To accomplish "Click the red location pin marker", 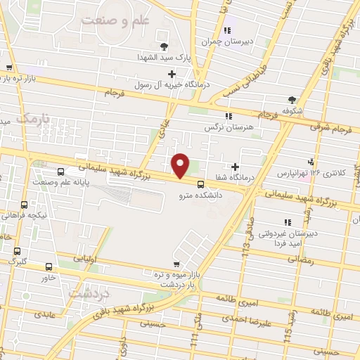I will pos(181,165).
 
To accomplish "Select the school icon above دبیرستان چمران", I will pos(226,30).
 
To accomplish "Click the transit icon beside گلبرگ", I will pos(18,251).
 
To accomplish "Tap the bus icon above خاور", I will pos(49,267).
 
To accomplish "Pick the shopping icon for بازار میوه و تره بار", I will pos(146,271).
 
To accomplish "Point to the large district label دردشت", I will pos(92,292).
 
